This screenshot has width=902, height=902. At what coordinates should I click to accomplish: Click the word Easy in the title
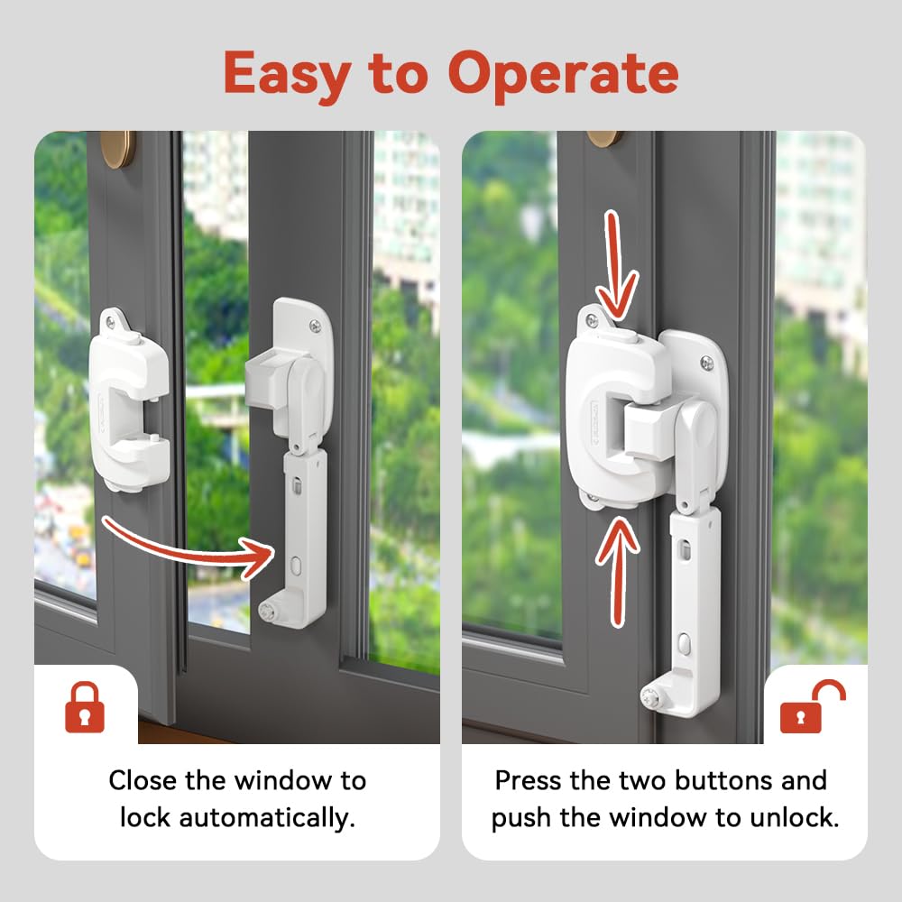288,75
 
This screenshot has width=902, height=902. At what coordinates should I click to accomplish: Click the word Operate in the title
563,75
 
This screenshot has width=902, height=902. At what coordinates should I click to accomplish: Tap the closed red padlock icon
85,707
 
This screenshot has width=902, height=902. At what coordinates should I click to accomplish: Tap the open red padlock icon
813,707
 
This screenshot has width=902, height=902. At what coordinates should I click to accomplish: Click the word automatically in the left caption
267,818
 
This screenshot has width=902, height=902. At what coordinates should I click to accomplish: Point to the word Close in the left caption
143,780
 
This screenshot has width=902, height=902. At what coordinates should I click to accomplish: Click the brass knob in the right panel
605,139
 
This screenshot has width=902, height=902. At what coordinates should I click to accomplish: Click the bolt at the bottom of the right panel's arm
651,697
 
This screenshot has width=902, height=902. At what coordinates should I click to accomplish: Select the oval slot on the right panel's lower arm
684,643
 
